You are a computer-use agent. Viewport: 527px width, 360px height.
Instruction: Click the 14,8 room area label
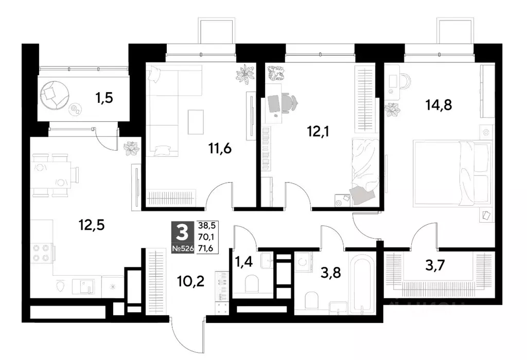tap(438, 105)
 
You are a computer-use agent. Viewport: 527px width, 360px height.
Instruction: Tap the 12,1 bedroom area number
tap(318, 132)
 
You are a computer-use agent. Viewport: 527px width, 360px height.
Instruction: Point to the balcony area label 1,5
tap(104, 98)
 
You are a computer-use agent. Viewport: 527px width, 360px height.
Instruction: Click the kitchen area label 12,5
tap(92, 225)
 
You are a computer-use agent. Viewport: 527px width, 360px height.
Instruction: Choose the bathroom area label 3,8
tap(331, 273)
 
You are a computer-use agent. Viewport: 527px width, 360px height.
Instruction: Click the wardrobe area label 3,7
tap(435, 266)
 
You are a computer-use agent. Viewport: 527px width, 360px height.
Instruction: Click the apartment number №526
tap(183, 249)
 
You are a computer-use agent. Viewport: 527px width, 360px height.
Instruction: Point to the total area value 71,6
tap(207, 248)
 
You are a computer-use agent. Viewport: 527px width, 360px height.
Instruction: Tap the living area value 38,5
tap(207, 225)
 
